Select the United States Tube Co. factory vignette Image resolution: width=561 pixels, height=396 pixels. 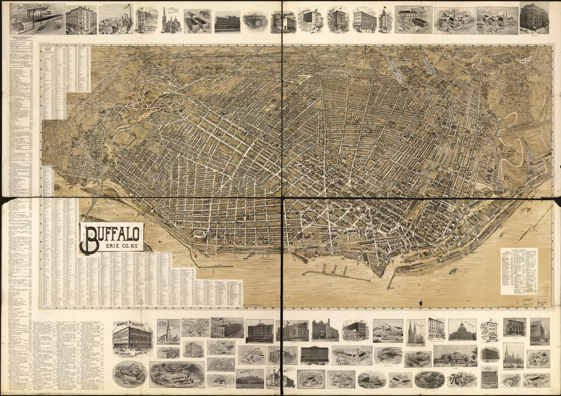[x=37, y=19]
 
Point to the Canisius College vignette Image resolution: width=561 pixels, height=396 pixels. [x=351, y=355]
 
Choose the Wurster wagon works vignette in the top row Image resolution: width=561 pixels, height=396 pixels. [x=413, y=19]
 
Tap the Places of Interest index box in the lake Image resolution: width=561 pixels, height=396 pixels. [x=519, y=271]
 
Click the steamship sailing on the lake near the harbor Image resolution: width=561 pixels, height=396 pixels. [x=452, y=271]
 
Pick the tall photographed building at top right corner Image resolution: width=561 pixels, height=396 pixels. [x=534, y=18]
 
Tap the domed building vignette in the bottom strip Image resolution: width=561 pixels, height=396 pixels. [x=462, y=330]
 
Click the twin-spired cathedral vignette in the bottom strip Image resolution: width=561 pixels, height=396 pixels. [x=415, y=332]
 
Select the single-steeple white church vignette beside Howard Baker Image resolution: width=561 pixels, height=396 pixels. [x=168, y=332]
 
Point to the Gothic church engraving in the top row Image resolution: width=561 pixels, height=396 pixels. [x=171, y=21]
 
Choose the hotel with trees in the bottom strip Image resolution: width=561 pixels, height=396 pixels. [x=455, y=355]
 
